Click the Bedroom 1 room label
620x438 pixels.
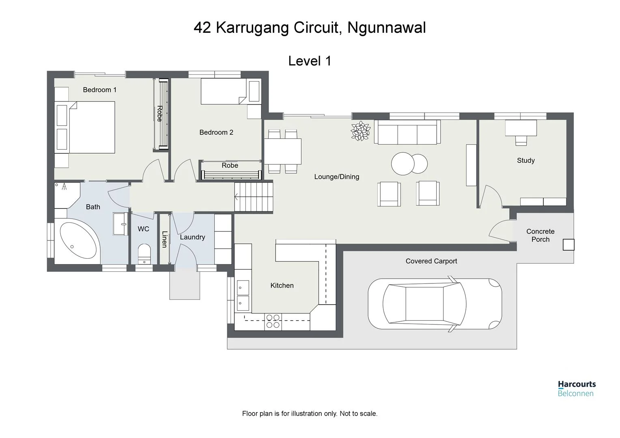[99, 90]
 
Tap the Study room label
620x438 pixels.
[525, 160]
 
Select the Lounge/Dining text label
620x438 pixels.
[336, 176]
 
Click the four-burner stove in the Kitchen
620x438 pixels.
[273, 321]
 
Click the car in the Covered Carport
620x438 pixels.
[435, 304]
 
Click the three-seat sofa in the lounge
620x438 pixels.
[407, 132]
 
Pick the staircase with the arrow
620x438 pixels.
[254, 197]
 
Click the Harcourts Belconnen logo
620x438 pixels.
[576, 388]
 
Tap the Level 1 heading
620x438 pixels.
[310, 61]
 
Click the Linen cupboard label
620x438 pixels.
[164, 239]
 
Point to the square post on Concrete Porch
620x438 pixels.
[568, 245]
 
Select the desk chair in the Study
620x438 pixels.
[521, 140]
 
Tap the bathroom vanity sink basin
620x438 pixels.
[121, 223]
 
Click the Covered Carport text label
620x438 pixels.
[431, 261]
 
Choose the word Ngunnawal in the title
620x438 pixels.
[387, 28]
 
